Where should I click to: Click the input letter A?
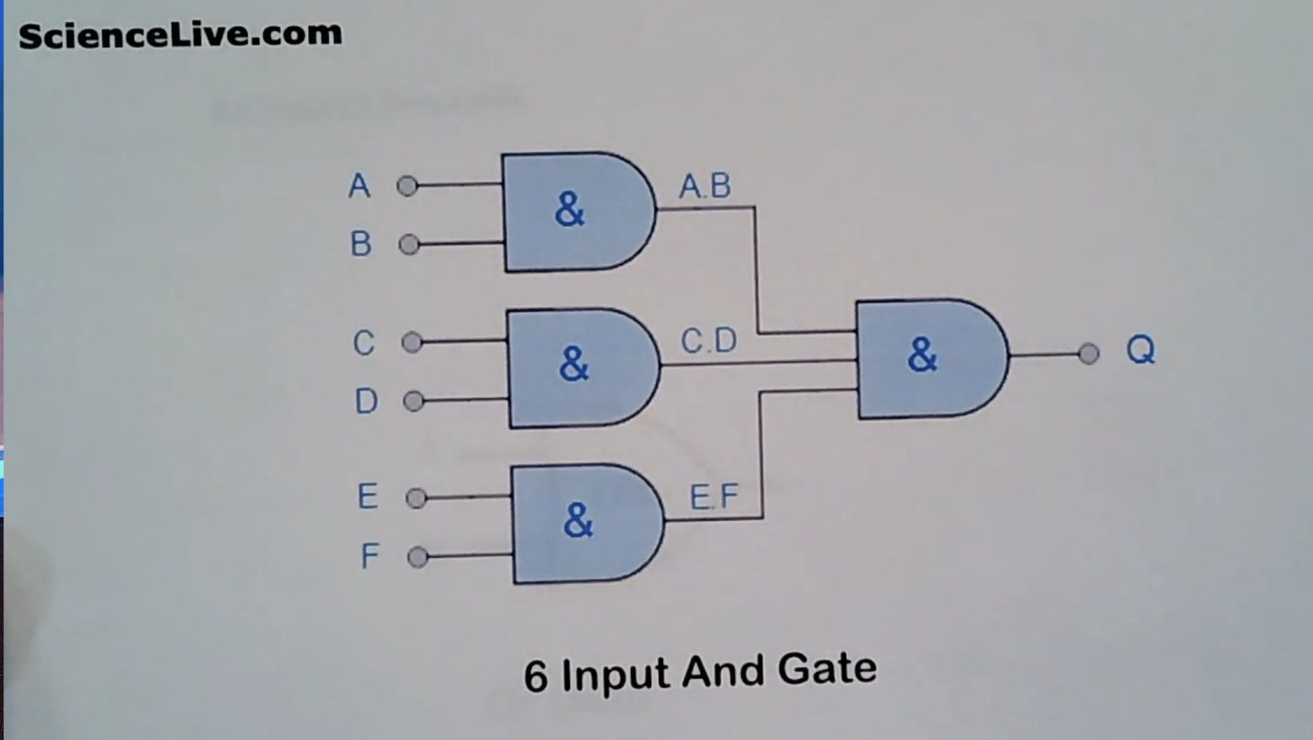359,186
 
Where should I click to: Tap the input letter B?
360,244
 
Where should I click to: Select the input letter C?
364,343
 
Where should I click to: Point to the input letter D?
366,401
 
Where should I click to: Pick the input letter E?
367,496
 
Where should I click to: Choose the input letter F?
370,556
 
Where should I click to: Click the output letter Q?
1140,350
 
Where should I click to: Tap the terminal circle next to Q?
1088,354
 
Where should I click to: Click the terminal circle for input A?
407,186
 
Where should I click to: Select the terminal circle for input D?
414,401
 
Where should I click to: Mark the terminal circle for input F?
417,556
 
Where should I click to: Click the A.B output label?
705,186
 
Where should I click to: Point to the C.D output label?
709,340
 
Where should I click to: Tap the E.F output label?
713,496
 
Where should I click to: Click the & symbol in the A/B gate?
570,209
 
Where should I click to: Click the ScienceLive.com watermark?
180,35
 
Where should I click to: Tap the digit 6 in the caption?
536,677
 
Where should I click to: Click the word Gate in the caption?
827,668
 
